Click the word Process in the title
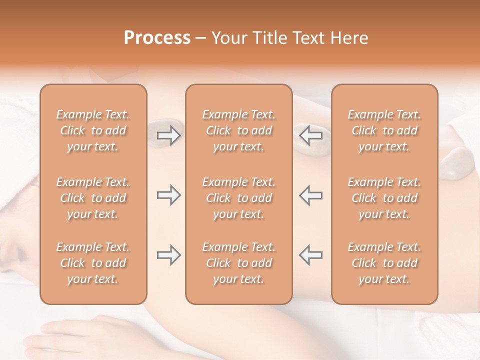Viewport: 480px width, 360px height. click(157, 38)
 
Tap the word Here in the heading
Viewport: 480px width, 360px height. click(350, 38)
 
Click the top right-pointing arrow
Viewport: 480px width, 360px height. click(168, 135)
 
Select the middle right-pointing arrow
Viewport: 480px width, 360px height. click(168, 195)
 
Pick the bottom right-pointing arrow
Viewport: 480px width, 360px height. click(168, 255)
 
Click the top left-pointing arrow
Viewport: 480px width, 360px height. click(311, 135)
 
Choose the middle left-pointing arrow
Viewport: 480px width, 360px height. click(311, 195)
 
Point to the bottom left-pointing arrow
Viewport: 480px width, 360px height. click(311, 255)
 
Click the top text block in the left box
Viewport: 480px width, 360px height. click(93, 130)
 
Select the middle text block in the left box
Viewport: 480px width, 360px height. click(93, 198)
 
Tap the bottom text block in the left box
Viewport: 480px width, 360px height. click(93, 263)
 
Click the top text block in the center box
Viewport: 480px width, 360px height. click(238, 130)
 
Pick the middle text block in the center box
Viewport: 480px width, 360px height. click(238, 198)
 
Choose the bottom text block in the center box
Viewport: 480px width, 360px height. click(238, 263)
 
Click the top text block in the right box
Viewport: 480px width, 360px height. click(384, 130)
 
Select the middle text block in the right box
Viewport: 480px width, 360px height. click(384, 198)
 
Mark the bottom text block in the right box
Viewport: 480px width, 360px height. click(384, 263)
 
